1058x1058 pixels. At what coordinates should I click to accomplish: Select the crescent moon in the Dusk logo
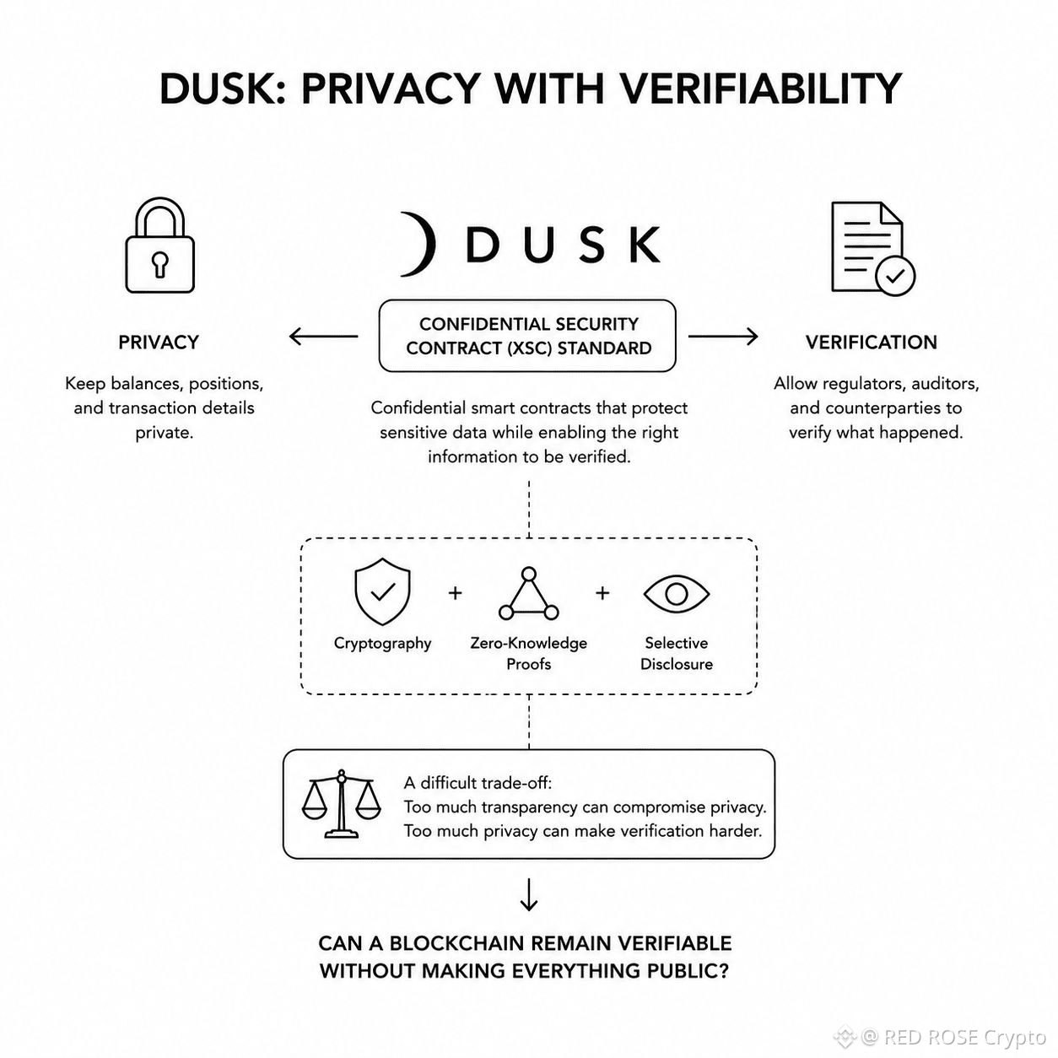[x=420, y=244]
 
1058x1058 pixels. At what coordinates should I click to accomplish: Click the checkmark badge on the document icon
[x=895, y=276]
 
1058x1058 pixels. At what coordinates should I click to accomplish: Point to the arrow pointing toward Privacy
[x=323, y=336]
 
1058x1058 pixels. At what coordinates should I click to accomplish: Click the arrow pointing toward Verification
[x=723, y=336]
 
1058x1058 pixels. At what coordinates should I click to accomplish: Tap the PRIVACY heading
[x=159, y=342]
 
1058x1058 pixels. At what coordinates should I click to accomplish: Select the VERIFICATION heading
[x=872, y=342]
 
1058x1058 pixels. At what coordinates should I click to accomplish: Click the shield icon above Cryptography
[x=382, y=591]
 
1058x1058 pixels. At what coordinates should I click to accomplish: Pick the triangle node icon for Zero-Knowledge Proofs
[x=529, y=594]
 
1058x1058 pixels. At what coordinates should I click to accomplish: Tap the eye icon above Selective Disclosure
[x=677, y=593]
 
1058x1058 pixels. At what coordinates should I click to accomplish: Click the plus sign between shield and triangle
[x=455, y=593]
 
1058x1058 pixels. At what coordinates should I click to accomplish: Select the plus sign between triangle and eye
[x=602, y=593]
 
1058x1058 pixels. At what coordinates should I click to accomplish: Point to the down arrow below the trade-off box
[x=529, y=894]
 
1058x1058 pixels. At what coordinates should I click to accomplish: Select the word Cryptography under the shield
[x=383, y=644]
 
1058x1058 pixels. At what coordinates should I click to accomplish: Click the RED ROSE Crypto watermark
[x=941, y=1037]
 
